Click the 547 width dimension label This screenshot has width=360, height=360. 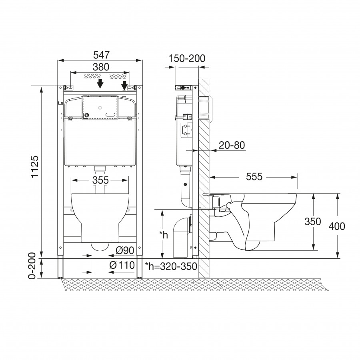tap(102, 55)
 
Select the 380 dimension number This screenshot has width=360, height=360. tap(101, 67)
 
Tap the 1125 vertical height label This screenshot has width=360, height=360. tap(35, 166)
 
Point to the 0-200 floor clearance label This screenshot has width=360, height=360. tap(32, 266)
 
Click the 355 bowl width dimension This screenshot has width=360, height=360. tap(100, 180)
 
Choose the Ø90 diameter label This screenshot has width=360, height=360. tap(125, 250)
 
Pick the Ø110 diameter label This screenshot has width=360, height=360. tap(122, 266)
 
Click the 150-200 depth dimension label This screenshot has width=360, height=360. tap(187, 58)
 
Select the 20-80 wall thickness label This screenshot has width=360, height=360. tap(232, 145)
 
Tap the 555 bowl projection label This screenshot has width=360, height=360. tap(254, 177)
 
